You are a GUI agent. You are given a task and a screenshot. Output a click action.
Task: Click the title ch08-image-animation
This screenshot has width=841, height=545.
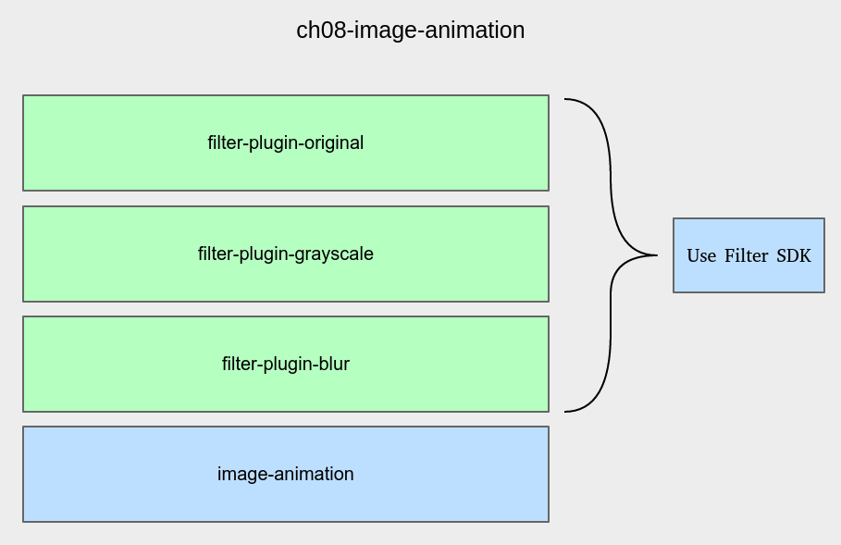point(410,31)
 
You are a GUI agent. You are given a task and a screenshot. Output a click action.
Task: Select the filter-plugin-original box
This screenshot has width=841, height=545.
point(286,142)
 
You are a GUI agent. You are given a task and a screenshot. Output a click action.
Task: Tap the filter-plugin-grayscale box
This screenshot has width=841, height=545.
point(286,254)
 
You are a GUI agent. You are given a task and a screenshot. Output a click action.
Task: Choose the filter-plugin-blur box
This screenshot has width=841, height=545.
point(286,365)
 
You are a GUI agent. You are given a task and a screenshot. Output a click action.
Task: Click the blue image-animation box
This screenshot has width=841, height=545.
point(286,474)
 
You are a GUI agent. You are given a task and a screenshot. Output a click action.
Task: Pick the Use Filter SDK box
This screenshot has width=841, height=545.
point(748,255)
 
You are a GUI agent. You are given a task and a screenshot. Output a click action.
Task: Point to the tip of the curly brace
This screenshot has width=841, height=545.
point(657,255)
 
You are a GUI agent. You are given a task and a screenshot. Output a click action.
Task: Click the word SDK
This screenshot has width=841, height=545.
point(794,256)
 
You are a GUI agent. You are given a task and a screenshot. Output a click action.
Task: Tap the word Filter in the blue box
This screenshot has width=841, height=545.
point(746,256)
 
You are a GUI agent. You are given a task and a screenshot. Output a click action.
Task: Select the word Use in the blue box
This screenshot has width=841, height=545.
point(701,256)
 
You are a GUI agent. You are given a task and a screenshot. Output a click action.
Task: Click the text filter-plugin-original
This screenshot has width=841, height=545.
point(285,143)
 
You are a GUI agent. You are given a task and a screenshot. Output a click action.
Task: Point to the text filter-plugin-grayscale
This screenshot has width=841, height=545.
point(285,254)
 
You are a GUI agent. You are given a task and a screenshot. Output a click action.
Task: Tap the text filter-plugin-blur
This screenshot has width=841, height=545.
point(285,365)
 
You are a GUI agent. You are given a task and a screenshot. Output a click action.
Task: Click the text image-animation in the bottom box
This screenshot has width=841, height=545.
point(285,474)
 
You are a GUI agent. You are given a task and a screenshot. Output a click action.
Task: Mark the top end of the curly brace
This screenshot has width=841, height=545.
point(564,99)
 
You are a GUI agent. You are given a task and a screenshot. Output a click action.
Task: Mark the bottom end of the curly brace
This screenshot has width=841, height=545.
point(564,412)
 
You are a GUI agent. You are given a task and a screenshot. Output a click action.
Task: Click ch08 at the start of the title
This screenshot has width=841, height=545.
point(322,31)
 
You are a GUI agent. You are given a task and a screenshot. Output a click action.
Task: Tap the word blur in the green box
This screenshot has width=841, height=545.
point(334,365)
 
